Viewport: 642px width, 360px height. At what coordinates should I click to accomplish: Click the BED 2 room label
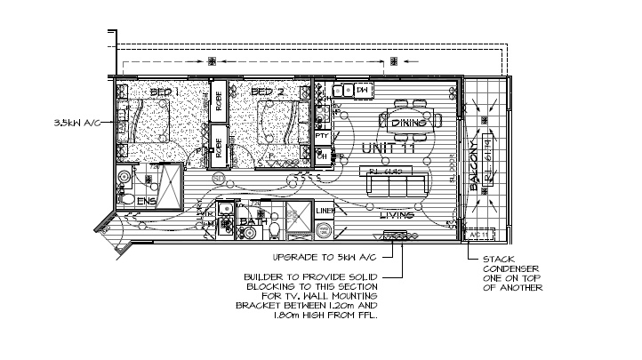tap(267, 92)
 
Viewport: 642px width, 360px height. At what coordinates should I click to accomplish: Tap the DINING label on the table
tap(410, 123)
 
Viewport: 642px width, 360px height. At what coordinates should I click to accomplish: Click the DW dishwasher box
tap(362, 91)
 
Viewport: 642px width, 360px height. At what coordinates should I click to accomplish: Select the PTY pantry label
tap(335, 135)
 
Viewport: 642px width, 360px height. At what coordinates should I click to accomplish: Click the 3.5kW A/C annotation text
tap(79, 123)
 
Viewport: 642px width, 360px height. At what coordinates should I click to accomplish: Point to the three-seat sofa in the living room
tap(391, 185)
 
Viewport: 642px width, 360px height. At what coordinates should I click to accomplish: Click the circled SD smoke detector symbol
tap(218, 179)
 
